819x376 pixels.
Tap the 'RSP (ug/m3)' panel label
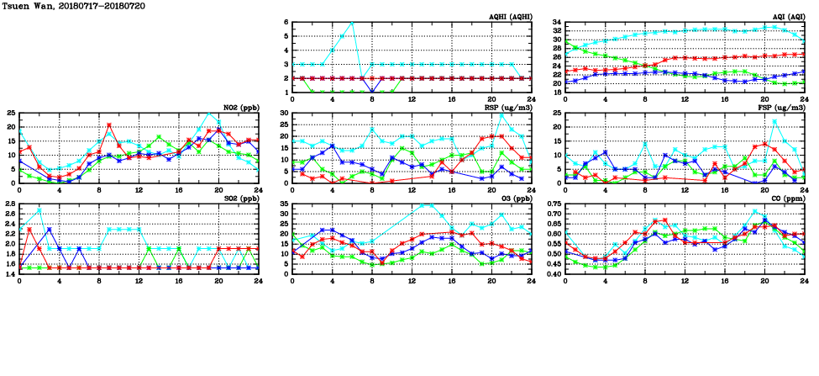pyautogui.click(x=509, y=109)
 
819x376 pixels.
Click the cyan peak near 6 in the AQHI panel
pyautogui.click(x=352, y=23)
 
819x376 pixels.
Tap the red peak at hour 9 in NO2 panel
pyautogui.click(x=109, y=125)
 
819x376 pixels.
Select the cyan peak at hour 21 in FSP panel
pyautogui.click(x=774, y=121)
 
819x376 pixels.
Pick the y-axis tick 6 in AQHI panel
pyautogui.click(x=286, y=23)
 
